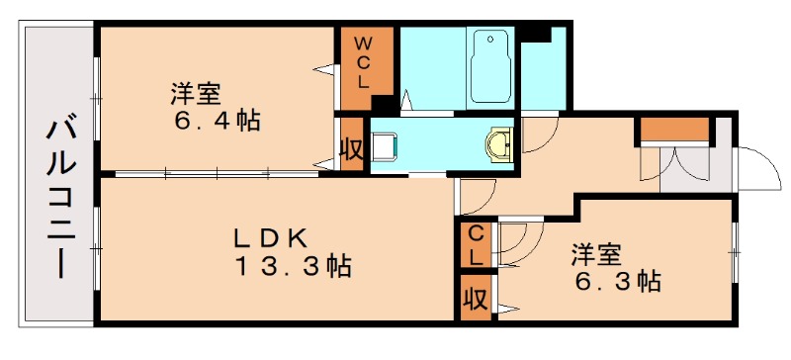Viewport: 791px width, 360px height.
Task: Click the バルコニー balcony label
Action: coord(57,199)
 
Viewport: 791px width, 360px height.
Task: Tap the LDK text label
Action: coord(272,237)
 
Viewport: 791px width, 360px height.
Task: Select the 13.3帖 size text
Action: coord(293,267)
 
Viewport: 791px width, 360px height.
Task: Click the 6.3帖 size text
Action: coord(618,281)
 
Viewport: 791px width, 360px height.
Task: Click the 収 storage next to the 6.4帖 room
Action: coord(350,149)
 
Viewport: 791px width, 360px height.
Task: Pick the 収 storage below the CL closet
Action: coord(476,298)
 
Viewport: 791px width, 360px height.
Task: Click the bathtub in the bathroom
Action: coord(489,66)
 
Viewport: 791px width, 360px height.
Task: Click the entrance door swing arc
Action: coord(758,168)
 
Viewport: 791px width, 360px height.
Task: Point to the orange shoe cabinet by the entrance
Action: coord(674,129)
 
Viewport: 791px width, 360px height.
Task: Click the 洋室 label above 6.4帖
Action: coord(194,95)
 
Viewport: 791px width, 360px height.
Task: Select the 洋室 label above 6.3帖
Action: coord(595,254)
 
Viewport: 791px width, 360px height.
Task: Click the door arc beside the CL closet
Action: coord(521,242)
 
